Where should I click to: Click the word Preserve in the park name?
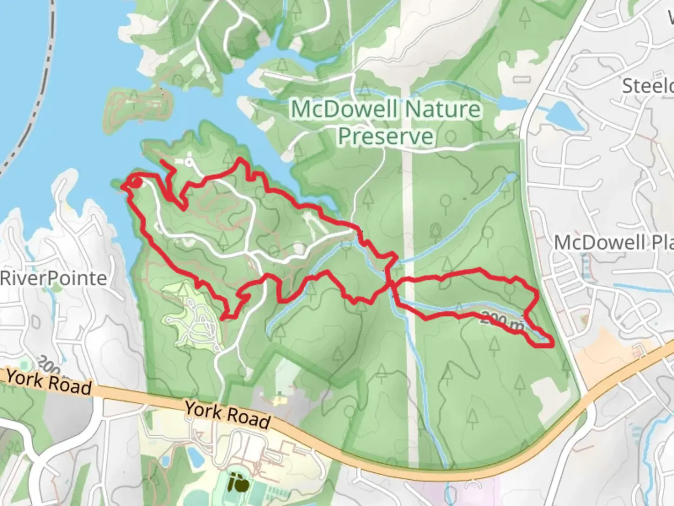coord(386,136)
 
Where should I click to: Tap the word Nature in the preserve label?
coord(442,110)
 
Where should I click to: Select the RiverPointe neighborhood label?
coord(53,278)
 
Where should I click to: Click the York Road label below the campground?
coord(227,414)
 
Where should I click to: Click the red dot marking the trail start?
coord(135,182)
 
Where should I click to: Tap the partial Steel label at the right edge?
coord(647,86)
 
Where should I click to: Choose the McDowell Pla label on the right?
coord(613,243)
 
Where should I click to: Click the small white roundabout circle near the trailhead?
coord(190,163)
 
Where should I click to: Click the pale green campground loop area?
coord(192,314)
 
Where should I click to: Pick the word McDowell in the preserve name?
coord(344,110)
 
